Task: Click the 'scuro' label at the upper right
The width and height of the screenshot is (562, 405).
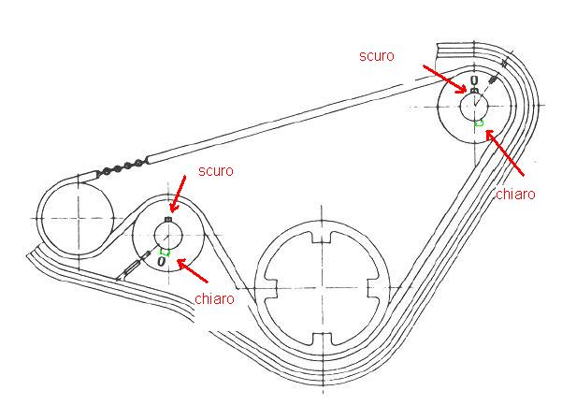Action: [376, 56]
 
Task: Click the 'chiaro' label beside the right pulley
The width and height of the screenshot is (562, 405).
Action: [514, 195]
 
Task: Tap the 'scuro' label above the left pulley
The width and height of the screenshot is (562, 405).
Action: [215, 171]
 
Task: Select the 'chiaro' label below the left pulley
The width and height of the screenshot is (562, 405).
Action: [215, 298]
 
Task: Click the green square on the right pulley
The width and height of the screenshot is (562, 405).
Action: [480, 123]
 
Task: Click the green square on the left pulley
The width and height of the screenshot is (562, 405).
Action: [165, 251]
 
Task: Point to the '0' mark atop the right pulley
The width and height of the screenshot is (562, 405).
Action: [474, 80]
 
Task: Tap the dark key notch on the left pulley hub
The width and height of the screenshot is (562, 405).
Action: [167, 220]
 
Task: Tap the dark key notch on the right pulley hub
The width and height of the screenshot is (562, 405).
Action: [474, 92]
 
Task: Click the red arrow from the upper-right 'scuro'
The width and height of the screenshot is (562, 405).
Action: [444, 79]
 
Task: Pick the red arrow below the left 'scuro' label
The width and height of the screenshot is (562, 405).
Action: [178, 196]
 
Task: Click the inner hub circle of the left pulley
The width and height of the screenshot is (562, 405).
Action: [167, 235]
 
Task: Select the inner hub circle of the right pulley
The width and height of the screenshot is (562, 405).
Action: [475, 107]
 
